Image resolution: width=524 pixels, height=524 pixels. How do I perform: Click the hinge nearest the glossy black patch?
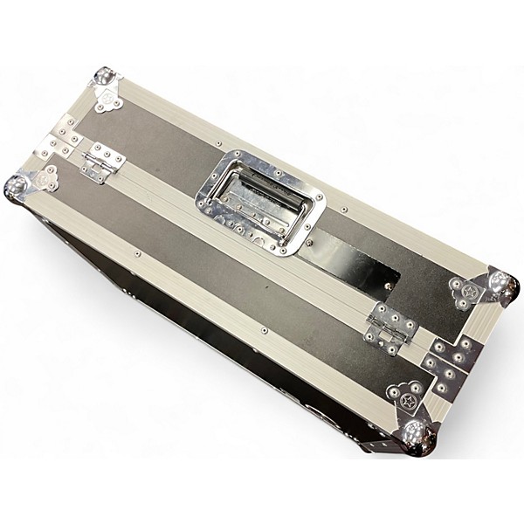390,328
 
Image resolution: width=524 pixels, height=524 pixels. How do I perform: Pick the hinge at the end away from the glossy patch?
102,161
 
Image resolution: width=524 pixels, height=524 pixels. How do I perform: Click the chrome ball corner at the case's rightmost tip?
503,285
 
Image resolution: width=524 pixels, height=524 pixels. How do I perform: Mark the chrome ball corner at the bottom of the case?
417,433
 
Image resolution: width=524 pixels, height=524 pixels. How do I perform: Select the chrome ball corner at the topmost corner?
105,77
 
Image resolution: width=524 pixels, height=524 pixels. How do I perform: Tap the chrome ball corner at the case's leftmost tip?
17,186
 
